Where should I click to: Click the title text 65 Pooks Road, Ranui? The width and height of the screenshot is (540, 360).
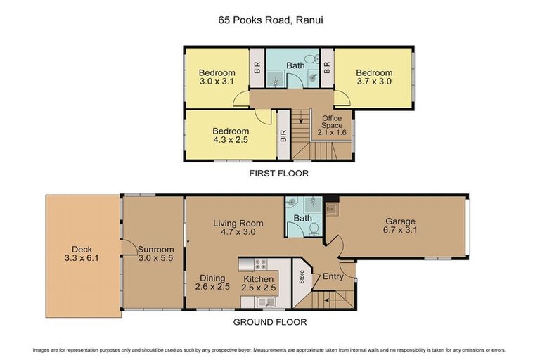click(270, 20)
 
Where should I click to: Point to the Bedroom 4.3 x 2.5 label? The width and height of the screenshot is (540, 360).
click(231, 136)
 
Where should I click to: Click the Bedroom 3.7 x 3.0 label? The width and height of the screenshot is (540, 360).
click(373, 77)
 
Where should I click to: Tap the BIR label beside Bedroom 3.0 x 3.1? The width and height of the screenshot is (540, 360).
click(257, 68)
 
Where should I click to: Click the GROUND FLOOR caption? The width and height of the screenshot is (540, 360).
click(271, 322)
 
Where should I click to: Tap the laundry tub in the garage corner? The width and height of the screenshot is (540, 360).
click(332, 208)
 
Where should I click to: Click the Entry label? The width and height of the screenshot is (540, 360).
click(332, 277)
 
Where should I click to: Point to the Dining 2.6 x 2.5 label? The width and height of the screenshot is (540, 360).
click(212, 282)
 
